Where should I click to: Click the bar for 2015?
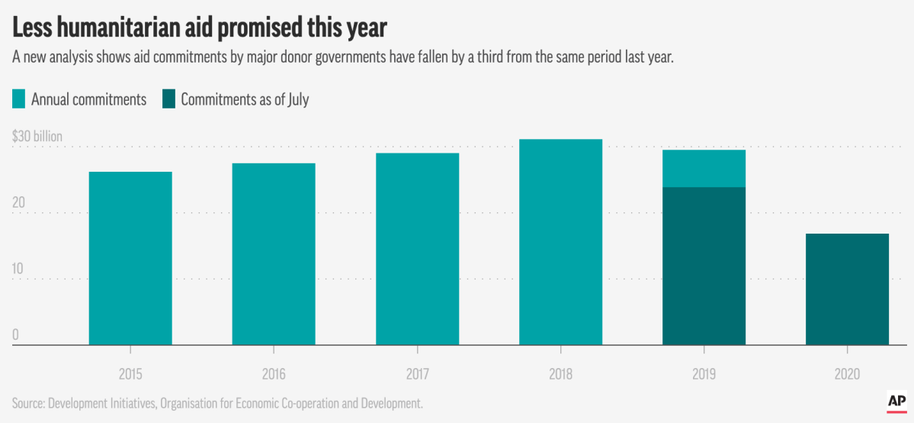[x=130, y=258]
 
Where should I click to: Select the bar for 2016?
[x=274, y=253]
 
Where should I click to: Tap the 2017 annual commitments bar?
[x=417, y=249]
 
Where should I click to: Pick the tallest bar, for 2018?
[x=560, y=242]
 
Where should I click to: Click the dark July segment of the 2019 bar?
[x=704, y=266]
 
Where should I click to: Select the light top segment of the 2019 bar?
[x=704, y=168]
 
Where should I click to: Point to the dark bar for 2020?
[x=847, y=289]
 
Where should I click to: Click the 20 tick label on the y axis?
[x=19, y=204]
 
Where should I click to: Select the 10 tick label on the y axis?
[x=18, y=270]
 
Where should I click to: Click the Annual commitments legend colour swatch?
[x=19, y=99]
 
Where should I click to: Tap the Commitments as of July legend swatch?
[x=168, y=99]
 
